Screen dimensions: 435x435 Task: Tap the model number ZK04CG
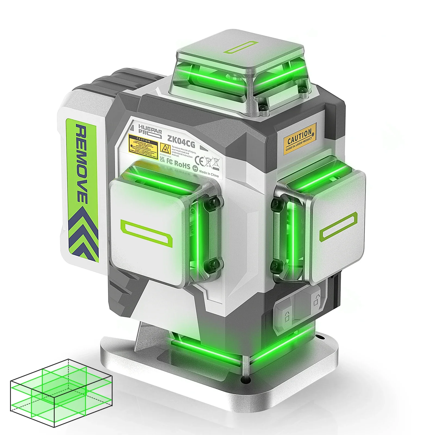tap(181, 141)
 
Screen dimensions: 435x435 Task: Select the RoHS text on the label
tap(182, 164)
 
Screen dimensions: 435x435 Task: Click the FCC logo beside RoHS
tap(170, 162)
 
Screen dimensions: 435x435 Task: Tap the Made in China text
tap(209, 173)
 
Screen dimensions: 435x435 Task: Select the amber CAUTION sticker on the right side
tap(300, 139)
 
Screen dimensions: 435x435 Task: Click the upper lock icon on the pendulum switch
tap(316, 300)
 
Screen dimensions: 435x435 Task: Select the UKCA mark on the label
tap(162, 159)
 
